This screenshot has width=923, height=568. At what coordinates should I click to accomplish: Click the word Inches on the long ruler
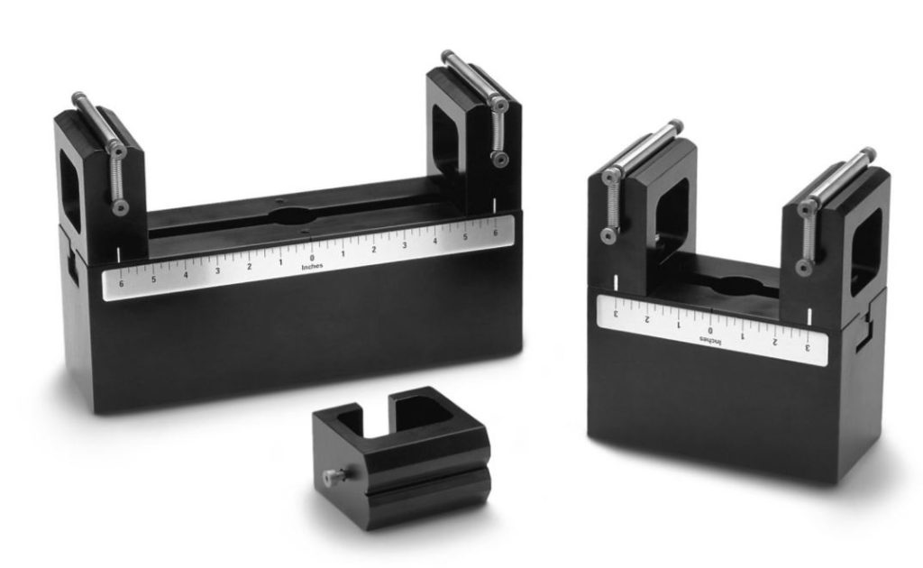(x=312, y=267)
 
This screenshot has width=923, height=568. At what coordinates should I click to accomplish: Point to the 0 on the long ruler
(x=312, y=258)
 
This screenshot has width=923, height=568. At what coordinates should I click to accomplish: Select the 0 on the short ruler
(x=710, y=330)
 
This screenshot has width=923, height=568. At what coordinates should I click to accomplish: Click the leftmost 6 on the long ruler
(x=122, y=284)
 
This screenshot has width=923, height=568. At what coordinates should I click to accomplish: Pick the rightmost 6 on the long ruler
(x=495, y=234)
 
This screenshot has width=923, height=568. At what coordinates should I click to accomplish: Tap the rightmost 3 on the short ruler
(x=808, y=347)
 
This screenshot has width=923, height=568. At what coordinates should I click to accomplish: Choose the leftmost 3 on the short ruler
(x=617, y=313)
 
